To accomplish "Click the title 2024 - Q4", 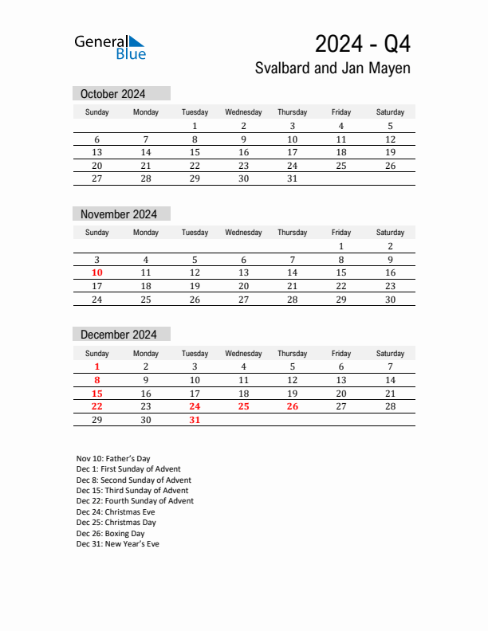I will [x=362, y=43].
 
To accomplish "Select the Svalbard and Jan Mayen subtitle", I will [x=333, y=69].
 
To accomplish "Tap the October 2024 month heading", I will [x=112, y=94].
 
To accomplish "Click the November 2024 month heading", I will [x=119, y=214].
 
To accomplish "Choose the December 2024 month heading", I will [x=119, y=335].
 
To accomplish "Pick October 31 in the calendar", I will [x=292, y=178].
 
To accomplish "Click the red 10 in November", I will [x=96, y=272].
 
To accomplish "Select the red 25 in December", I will [x=243, y=406].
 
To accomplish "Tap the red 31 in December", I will [x=195, y=420].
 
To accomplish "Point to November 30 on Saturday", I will [x=390, y=300].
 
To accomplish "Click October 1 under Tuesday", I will [x=195, y=126].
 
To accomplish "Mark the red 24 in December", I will [x=195, y=406].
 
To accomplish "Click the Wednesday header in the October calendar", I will [x=243, y=112].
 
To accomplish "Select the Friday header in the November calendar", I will [x=340, y=233].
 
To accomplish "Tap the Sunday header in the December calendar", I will [x=96, y=353].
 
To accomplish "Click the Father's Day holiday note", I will [x=113, y=459].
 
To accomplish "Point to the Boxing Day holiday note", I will [x=110, y=534].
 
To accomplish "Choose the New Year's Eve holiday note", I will [x=117, y=544].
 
